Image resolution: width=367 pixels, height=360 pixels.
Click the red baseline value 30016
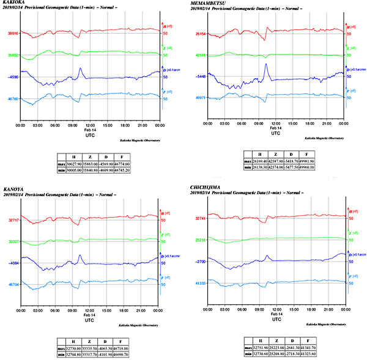coord(11,34)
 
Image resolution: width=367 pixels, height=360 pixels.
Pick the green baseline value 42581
coord(199,56)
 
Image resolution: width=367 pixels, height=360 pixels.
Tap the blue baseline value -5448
coord(199,77)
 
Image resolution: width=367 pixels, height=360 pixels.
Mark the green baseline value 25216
coord(199,240)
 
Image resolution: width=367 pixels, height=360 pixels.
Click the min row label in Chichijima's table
coord(248,354)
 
